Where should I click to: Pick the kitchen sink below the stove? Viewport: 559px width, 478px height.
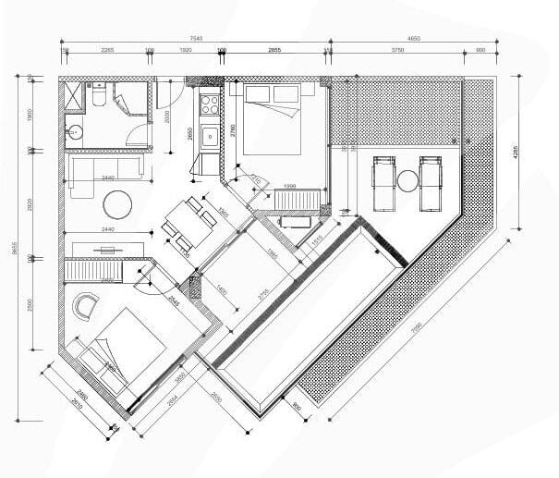click(211, 137)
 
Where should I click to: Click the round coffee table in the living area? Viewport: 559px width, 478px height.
click(118, 202)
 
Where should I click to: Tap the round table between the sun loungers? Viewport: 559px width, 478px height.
click(407, 179)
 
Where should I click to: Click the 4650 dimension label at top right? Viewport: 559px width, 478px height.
click(413, 39)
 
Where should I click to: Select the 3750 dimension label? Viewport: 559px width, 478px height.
click(397, 51)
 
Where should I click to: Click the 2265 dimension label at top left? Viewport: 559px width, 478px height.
click(106, 51)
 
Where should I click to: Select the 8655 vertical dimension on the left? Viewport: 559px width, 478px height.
click(15, 250)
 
